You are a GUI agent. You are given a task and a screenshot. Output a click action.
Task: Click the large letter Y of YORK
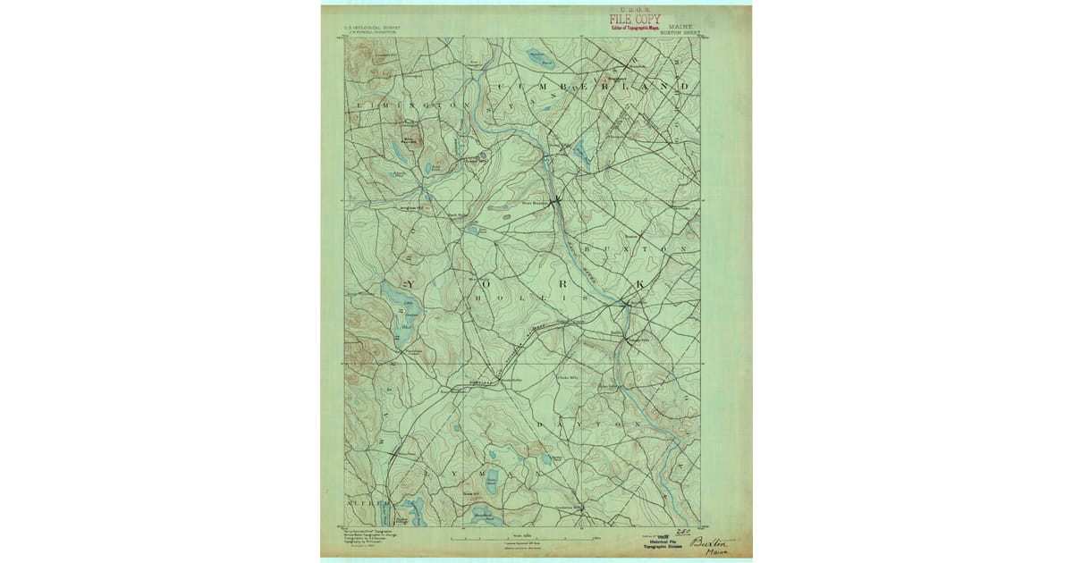[x=418, y=283]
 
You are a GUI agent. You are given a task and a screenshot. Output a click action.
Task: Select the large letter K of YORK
[x=639, y=283]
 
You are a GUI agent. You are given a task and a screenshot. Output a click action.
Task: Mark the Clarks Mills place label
[x=569, y=380]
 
